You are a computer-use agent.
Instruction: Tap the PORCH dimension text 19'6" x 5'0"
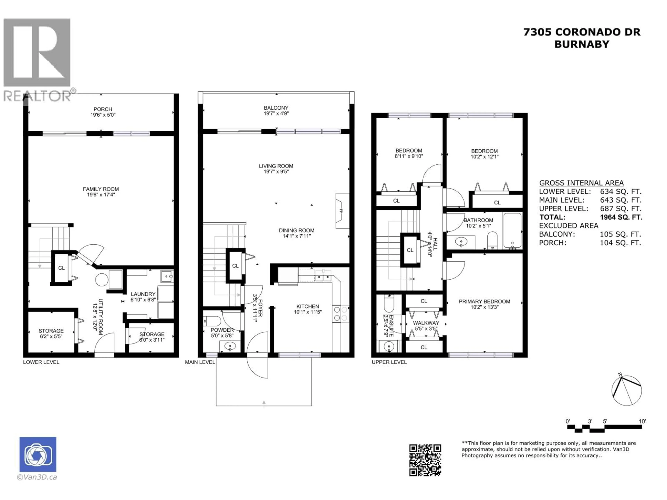tap(103, 115)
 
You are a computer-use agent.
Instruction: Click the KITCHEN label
tap(308, 306)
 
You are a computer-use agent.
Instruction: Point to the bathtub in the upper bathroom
tap(512, 231)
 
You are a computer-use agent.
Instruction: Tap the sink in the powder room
tap(230, 346)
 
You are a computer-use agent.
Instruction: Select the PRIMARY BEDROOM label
tap(484, 301)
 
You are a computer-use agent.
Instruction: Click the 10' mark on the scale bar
tap(642, 421)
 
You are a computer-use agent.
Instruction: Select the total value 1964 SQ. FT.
tap(621, 217)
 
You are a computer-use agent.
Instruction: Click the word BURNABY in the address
tap(582, 44)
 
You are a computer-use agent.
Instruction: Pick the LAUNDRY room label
tap(143, 294)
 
